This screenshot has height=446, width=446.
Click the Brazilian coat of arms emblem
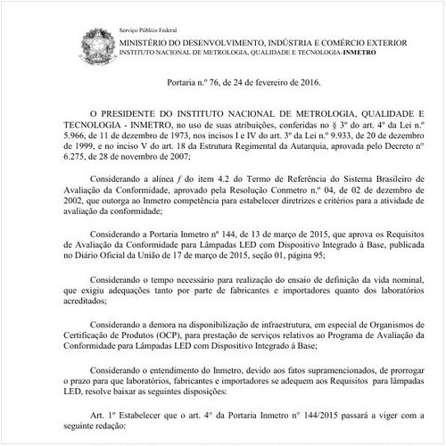point(96,41)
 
